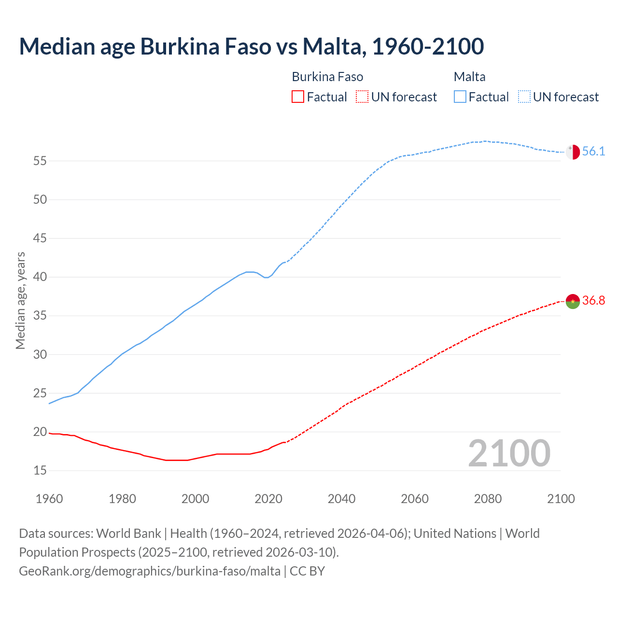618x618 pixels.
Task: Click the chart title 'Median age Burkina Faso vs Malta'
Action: click(251, 46)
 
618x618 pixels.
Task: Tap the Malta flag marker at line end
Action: click(573, 152)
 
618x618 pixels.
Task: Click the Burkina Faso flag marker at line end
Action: click(573, 301)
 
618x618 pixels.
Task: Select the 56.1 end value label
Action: click(593, 152)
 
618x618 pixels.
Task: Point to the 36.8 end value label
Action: click(593, 301)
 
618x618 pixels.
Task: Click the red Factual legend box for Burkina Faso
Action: click(298, 97)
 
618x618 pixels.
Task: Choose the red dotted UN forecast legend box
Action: click(362, 97)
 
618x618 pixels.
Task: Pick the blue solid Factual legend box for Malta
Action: click(460, 97)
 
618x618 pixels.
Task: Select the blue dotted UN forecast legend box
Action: click(524, 97)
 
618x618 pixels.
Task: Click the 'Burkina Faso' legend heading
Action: click(327, 77)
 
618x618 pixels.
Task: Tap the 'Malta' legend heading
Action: click(469, 77)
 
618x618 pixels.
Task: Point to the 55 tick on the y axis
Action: click(40, 161)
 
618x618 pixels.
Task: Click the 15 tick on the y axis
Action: click(40, 471)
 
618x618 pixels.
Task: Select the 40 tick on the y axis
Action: click(40, 277)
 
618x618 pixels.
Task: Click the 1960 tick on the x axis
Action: click(49, 499)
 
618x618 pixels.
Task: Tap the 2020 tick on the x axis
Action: click(268, 499)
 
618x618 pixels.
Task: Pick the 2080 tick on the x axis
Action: click(488, 499)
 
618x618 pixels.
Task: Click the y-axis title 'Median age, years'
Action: click(20, 300)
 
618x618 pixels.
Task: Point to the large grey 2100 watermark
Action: click(509, 453)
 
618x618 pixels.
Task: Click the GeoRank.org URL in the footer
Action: click(150, 571)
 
